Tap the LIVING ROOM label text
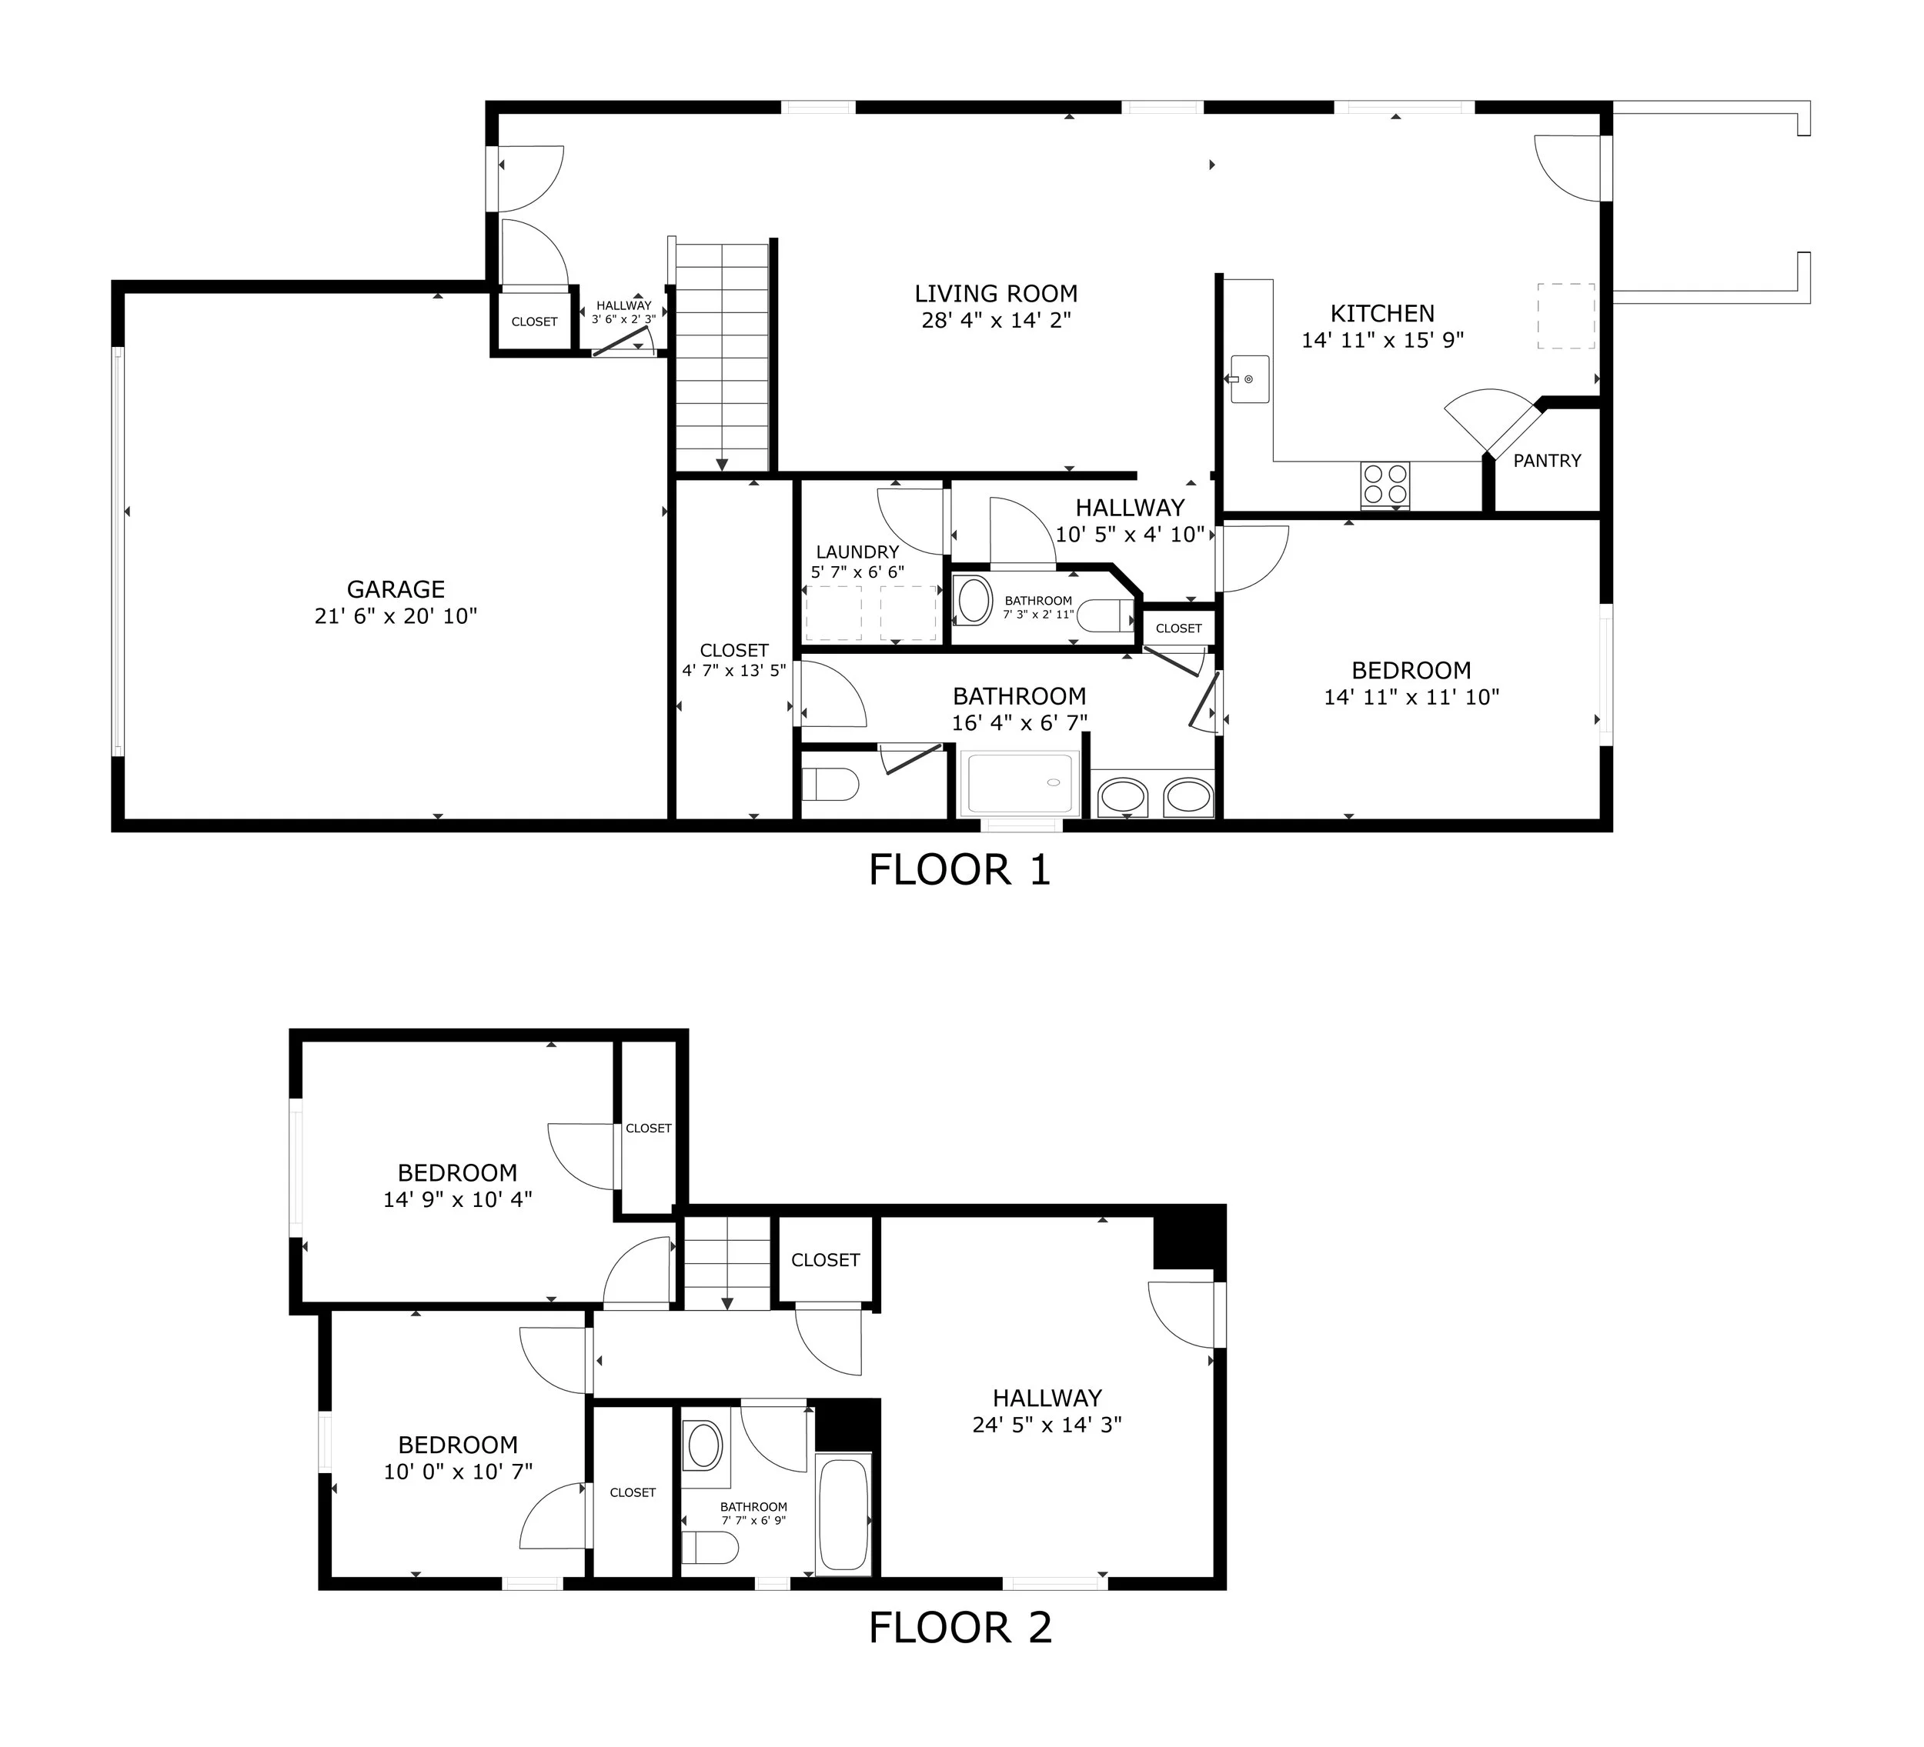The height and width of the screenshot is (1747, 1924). point(997,294)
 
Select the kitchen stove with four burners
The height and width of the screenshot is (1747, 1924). point(1385,485)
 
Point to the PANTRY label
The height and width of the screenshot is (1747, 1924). point(1547,461)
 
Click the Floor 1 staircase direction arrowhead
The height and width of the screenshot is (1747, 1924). point(722,465)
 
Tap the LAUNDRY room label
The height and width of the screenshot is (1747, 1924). point(857,552)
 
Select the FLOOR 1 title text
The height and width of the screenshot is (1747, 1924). point(960,870)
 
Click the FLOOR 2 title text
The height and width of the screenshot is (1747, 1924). point(960,1628)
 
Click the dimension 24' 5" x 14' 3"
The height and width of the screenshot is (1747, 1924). point(1047,1425)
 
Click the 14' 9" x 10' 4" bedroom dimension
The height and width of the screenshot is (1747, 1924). point(458,1199)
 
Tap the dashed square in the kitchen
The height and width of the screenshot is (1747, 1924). point(1565,316)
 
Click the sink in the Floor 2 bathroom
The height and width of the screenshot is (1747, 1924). point(705,1446)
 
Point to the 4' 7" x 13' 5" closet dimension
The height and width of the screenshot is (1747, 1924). point(734,671)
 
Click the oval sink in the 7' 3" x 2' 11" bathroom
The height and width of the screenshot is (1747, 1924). point(974,600)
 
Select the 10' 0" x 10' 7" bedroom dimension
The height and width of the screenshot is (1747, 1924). point(458,1472)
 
